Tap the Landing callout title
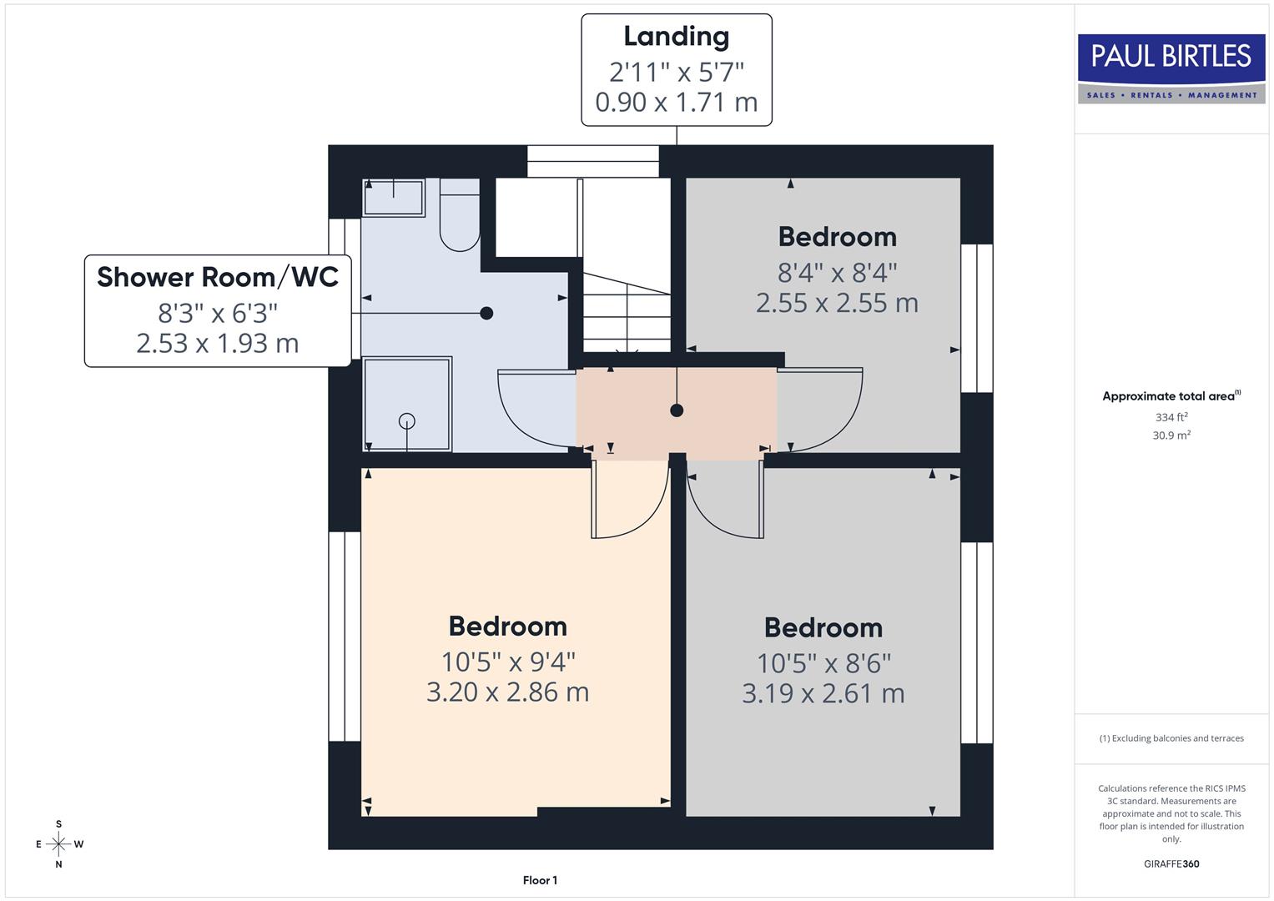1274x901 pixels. point(676,37)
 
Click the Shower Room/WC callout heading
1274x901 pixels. point(217,277)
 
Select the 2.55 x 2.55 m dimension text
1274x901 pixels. point(837,303)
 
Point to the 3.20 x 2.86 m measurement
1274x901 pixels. point(507,692)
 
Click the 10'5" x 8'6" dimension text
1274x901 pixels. point(823,663)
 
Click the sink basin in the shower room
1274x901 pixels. point(393,198)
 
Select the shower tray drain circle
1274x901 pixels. point(407,420)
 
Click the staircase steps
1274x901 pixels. point(626,313)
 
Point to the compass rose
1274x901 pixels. point(58,844)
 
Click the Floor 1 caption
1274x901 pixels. point(540,880)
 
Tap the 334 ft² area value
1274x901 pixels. point(1171,417)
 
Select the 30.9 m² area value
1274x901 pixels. point(1171,435)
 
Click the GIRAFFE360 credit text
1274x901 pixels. point(1171,863)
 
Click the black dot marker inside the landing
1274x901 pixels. point(677,410)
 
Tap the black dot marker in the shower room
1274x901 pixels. point(486,314)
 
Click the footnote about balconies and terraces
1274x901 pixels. point(1171,738)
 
